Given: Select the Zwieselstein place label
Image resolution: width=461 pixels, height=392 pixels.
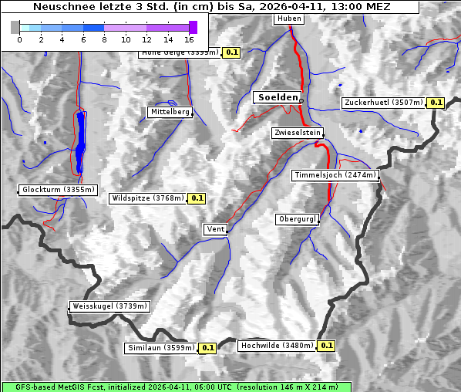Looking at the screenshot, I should (297, 133).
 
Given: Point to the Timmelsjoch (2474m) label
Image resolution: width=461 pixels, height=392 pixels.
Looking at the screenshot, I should (335, 175).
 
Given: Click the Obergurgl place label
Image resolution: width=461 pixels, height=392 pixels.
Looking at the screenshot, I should (297, 219).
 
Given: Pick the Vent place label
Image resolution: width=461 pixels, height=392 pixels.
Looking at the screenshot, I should (215, 229).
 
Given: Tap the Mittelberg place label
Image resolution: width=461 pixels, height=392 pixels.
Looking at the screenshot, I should (170, 112).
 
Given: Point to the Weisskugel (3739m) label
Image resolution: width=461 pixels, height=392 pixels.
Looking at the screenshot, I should (109, 306).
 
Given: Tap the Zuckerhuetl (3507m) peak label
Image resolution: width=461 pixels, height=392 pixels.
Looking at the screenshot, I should (384, 103).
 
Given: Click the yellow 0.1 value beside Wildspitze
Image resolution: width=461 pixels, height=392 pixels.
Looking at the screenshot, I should (197, 198).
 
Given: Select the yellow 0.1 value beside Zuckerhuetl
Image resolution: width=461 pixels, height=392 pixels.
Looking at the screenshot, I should (436, 103).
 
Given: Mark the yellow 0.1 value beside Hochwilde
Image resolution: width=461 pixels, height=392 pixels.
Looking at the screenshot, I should (327, 346).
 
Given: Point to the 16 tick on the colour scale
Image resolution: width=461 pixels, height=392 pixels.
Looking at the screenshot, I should (190, 39).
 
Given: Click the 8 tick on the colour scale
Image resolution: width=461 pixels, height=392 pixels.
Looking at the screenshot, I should (104, 39).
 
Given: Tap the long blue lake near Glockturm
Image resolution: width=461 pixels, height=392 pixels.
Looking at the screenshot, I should (81, 143).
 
